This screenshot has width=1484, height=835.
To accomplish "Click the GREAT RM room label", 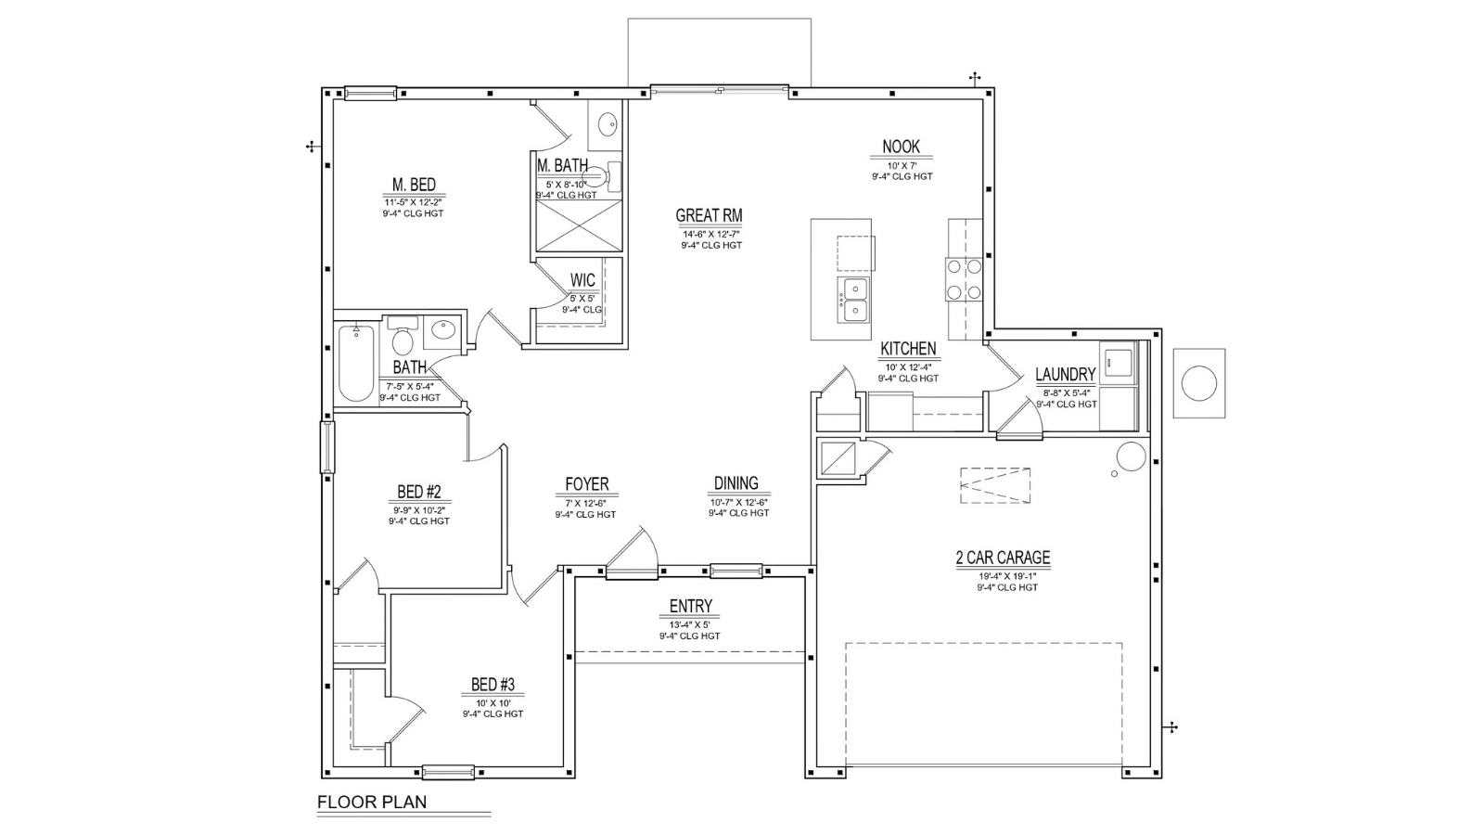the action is (x=709, y=215).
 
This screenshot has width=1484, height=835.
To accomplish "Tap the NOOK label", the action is (x=901, y=147).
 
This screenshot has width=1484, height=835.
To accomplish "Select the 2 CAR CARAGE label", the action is (x=1003, y=558).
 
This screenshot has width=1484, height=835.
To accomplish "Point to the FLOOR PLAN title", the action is (x=372, y=802).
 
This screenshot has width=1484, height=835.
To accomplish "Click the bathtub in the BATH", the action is (x=356, y=363).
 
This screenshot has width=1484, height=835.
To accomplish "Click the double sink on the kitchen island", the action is (x=854, y=301).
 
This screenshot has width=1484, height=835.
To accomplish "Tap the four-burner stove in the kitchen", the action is (x=964, y=279).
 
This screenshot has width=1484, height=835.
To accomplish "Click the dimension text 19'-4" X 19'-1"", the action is (x=1007, y=576).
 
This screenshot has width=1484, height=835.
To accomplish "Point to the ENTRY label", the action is (x=690, y=607).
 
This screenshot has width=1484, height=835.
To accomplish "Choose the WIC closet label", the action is (x=583, y=280).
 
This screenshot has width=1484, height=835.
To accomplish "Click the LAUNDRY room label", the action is (x=1066, y=375).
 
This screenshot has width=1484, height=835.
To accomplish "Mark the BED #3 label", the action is (x=493, y=684).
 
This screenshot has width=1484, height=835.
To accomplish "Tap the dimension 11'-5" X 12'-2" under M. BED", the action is (x=413, y=202).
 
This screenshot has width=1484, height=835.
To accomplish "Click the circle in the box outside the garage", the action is (x=1199, y=383).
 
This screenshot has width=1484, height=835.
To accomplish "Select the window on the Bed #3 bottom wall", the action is (x=449, y=771).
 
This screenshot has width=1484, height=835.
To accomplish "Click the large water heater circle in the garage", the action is (x=1131, y=456).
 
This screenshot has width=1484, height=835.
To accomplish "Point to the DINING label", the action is (x=736, y=483).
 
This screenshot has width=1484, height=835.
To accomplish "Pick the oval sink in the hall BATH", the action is (x=441, y=328).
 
